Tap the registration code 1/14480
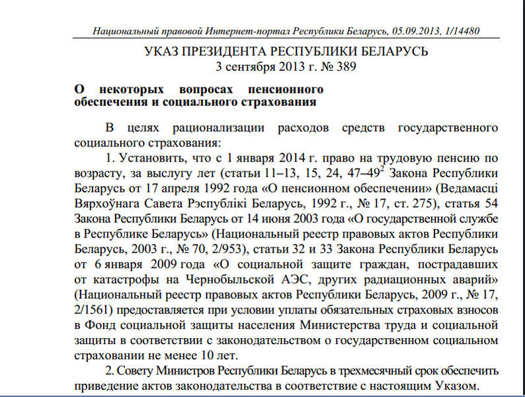tap(461, 31)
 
